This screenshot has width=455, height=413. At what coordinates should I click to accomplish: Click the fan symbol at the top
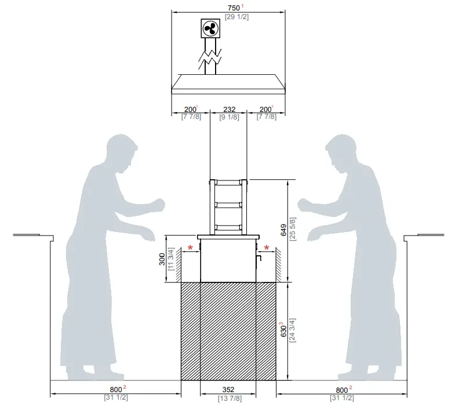click(210, 28)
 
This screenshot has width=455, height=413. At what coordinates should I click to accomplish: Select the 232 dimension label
click(228, 109)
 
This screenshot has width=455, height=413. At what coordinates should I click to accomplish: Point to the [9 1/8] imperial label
click(228, 117)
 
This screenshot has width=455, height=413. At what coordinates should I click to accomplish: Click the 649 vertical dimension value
click(283, 230)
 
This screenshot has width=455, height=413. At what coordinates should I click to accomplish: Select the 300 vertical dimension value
click(162, 259)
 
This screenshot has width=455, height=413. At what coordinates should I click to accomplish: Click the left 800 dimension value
click(116, 389)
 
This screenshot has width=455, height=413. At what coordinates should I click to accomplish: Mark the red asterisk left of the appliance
click(191, 248)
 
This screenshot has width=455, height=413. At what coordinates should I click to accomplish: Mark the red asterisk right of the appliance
click(267, 248)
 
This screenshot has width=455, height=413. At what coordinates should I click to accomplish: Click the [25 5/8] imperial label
click(293, 230)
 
